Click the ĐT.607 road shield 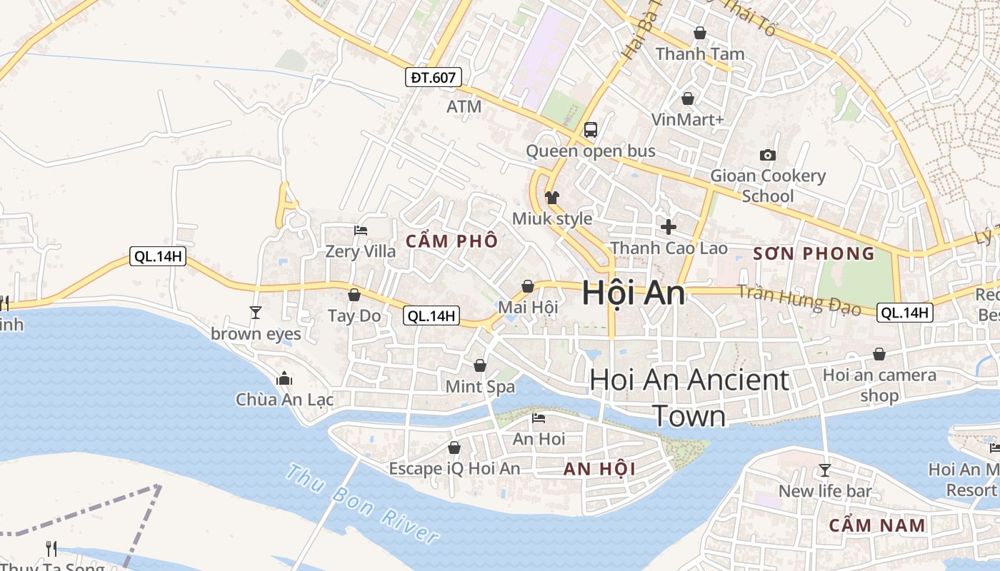[x=433, y=77]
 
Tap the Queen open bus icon [x=591, y=130]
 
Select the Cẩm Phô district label [x=451, y=241]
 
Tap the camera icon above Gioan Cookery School [x=768, y=155]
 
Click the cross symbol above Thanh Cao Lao [x=669, y=227]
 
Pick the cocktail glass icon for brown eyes [x=255, y=313]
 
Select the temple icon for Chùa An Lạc [x=284, y=378]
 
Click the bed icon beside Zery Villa [x=361, y=231]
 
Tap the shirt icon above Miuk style [x=552, y=197]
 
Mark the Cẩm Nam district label [x=877, y=525]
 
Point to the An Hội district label [x=599, y=469]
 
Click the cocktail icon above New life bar [x=825, y=470]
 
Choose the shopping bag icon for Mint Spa [x=480, y=365]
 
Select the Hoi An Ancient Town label [x=689, y=398]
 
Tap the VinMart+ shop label [x=687, y=119]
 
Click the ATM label [x=464, y=107]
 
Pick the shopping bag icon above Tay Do [x=354, y=295]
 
